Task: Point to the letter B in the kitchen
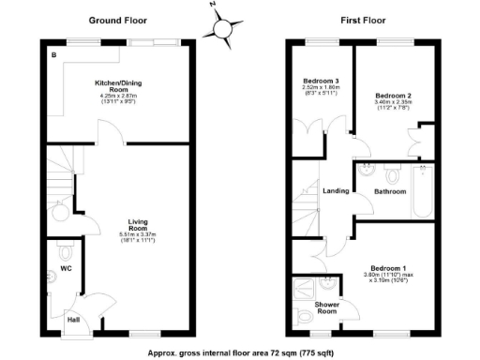53,56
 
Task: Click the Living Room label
138,225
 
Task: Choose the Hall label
72,320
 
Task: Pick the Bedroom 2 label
394,95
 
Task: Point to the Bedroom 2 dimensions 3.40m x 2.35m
394,104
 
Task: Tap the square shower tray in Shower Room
305,288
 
